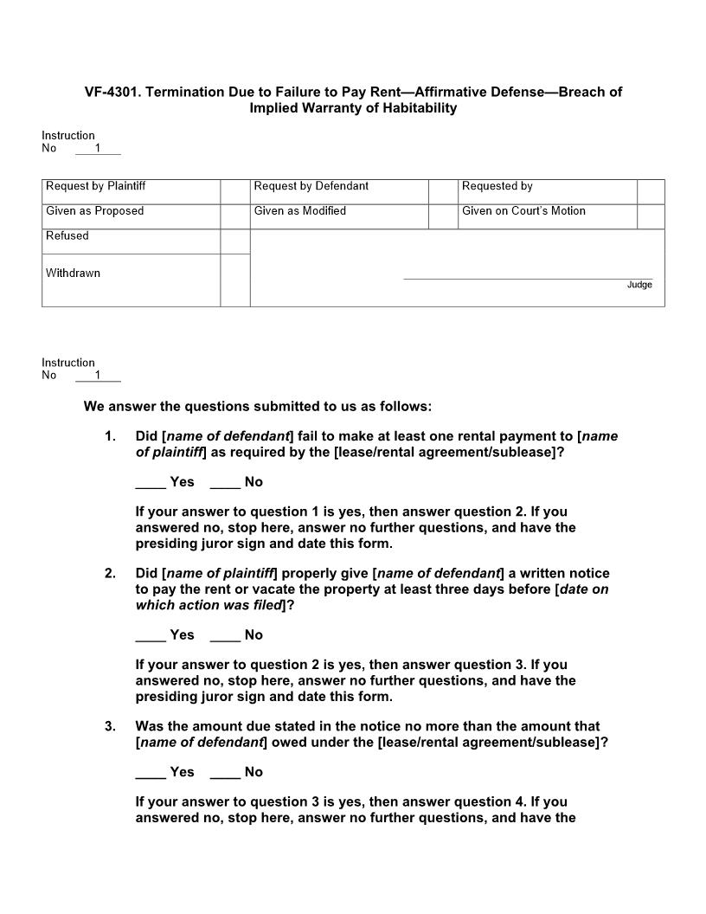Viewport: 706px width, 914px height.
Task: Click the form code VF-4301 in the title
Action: coord(112,92)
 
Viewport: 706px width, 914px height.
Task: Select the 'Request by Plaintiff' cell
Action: coord(95,186)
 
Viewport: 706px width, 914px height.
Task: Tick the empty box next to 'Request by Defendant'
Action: coord(443,191)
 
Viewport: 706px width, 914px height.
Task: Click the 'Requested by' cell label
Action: coord(497,186)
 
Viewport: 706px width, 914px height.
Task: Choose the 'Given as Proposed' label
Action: coord(94,211)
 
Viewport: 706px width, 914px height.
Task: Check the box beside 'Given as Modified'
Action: coord(443,216)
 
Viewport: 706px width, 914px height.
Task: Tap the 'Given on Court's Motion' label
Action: coord(523,211)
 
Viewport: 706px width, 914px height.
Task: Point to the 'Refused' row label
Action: coord(67,235)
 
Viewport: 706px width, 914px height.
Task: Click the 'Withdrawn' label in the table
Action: coord(73,274)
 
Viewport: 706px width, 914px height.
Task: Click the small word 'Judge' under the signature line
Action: coord(639,285)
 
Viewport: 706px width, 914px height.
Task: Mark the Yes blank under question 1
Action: coord(151,482)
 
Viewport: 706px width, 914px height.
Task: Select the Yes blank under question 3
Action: coord(151,772)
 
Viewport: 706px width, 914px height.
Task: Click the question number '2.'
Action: coord(110,574)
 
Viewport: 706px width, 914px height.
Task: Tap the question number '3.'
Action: coord(110,727)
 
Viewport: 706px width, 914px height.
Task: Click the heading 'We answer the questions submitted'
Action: coord(257,406)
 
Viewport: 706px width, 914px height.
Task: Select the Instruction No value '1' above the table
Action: coord(98,148)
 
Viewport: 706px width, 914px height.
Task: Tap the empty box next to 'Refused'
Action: coord(235,241)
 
